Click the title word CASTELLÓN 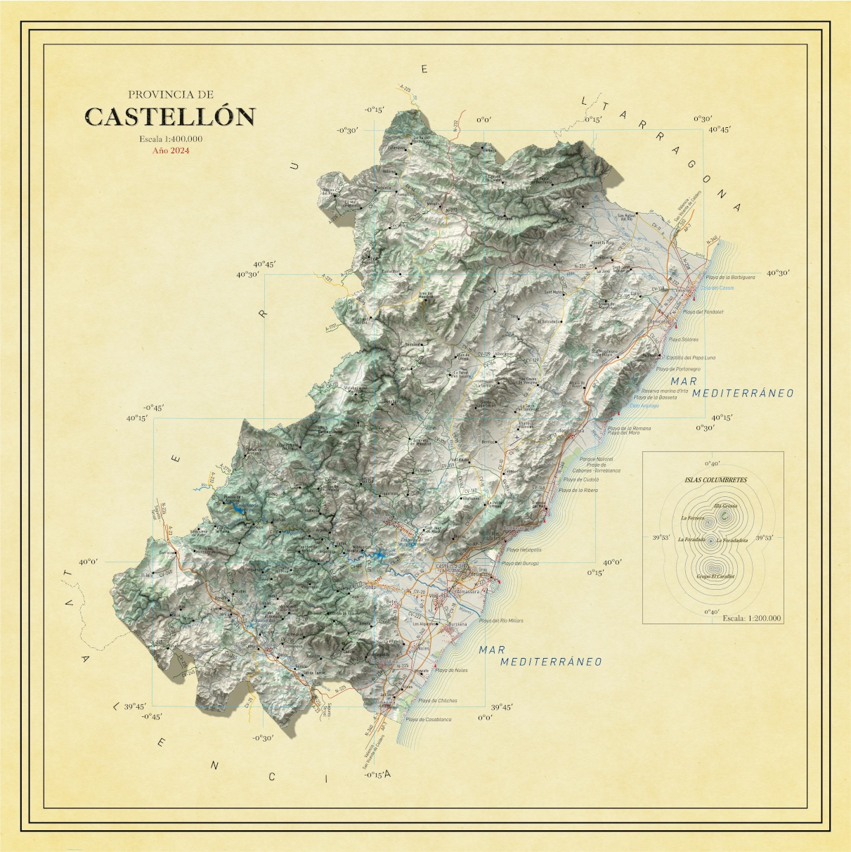click(169, 117)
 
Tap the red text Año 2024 click(171, 150)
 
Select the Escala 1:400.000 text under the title click(171, 138)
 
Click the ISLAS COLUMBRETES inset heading click(716, 480)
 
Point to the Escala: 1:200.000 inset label click(751, 618)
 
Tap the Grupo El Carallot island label click(715, 576)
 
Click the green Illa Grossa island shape click(724, 516)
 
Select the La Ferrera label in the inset click(692, 518)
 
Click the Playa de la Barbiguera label click(730, 278)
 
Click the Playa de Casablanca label click(429, 719)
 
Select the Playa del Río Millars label click(501, 621)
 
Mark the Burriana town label click(458, 624)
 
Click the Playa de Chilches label click(438, 700)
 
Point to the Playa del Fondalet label click(703, 311)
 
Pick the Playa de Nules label click(451, 671)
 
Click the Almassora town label click(468, 592)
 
